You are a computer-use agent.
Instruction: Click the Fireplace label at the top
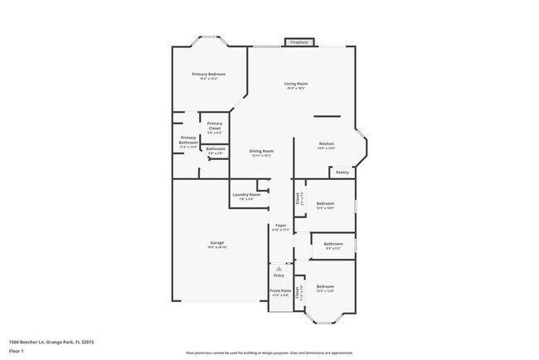click(x=299, y=42)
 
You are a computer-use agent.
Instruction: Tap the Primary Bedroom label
click(x=208, y=75)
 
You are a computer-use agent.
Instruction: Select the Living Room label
click(x=296, y=84)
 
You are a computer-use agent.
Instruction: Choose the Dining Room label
click(x=261, y=151)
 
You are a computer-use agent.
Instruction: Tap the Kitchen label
click(x=327, y=144)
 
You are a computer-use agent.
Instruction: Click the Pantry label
click(x=342, y=173)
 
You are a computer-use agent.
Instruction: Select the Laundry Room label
click(x=251, y=195)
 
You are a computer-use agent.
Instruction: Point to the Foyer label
click(x=281, y=226)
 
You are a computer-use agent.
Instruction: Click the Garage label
click(x=216, y=243)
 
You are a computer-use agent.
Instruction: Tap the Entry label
click(x=279, y=275)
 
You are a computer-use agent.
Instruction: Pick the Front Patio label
click(x=280, y=290)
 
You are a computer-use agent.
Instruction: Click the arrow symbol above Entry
click(x=279, y=269)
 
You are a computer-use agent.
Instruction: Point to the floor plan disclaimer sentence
click(x=269, y=353)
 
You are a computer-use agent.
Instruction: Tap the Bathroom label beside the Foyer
click(x=333, y=244)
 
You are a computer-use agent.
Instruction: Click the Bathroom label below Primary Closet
click(x=216, y=149)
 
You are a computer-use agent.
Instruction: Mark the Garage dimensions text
click(x=216, y=248)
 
